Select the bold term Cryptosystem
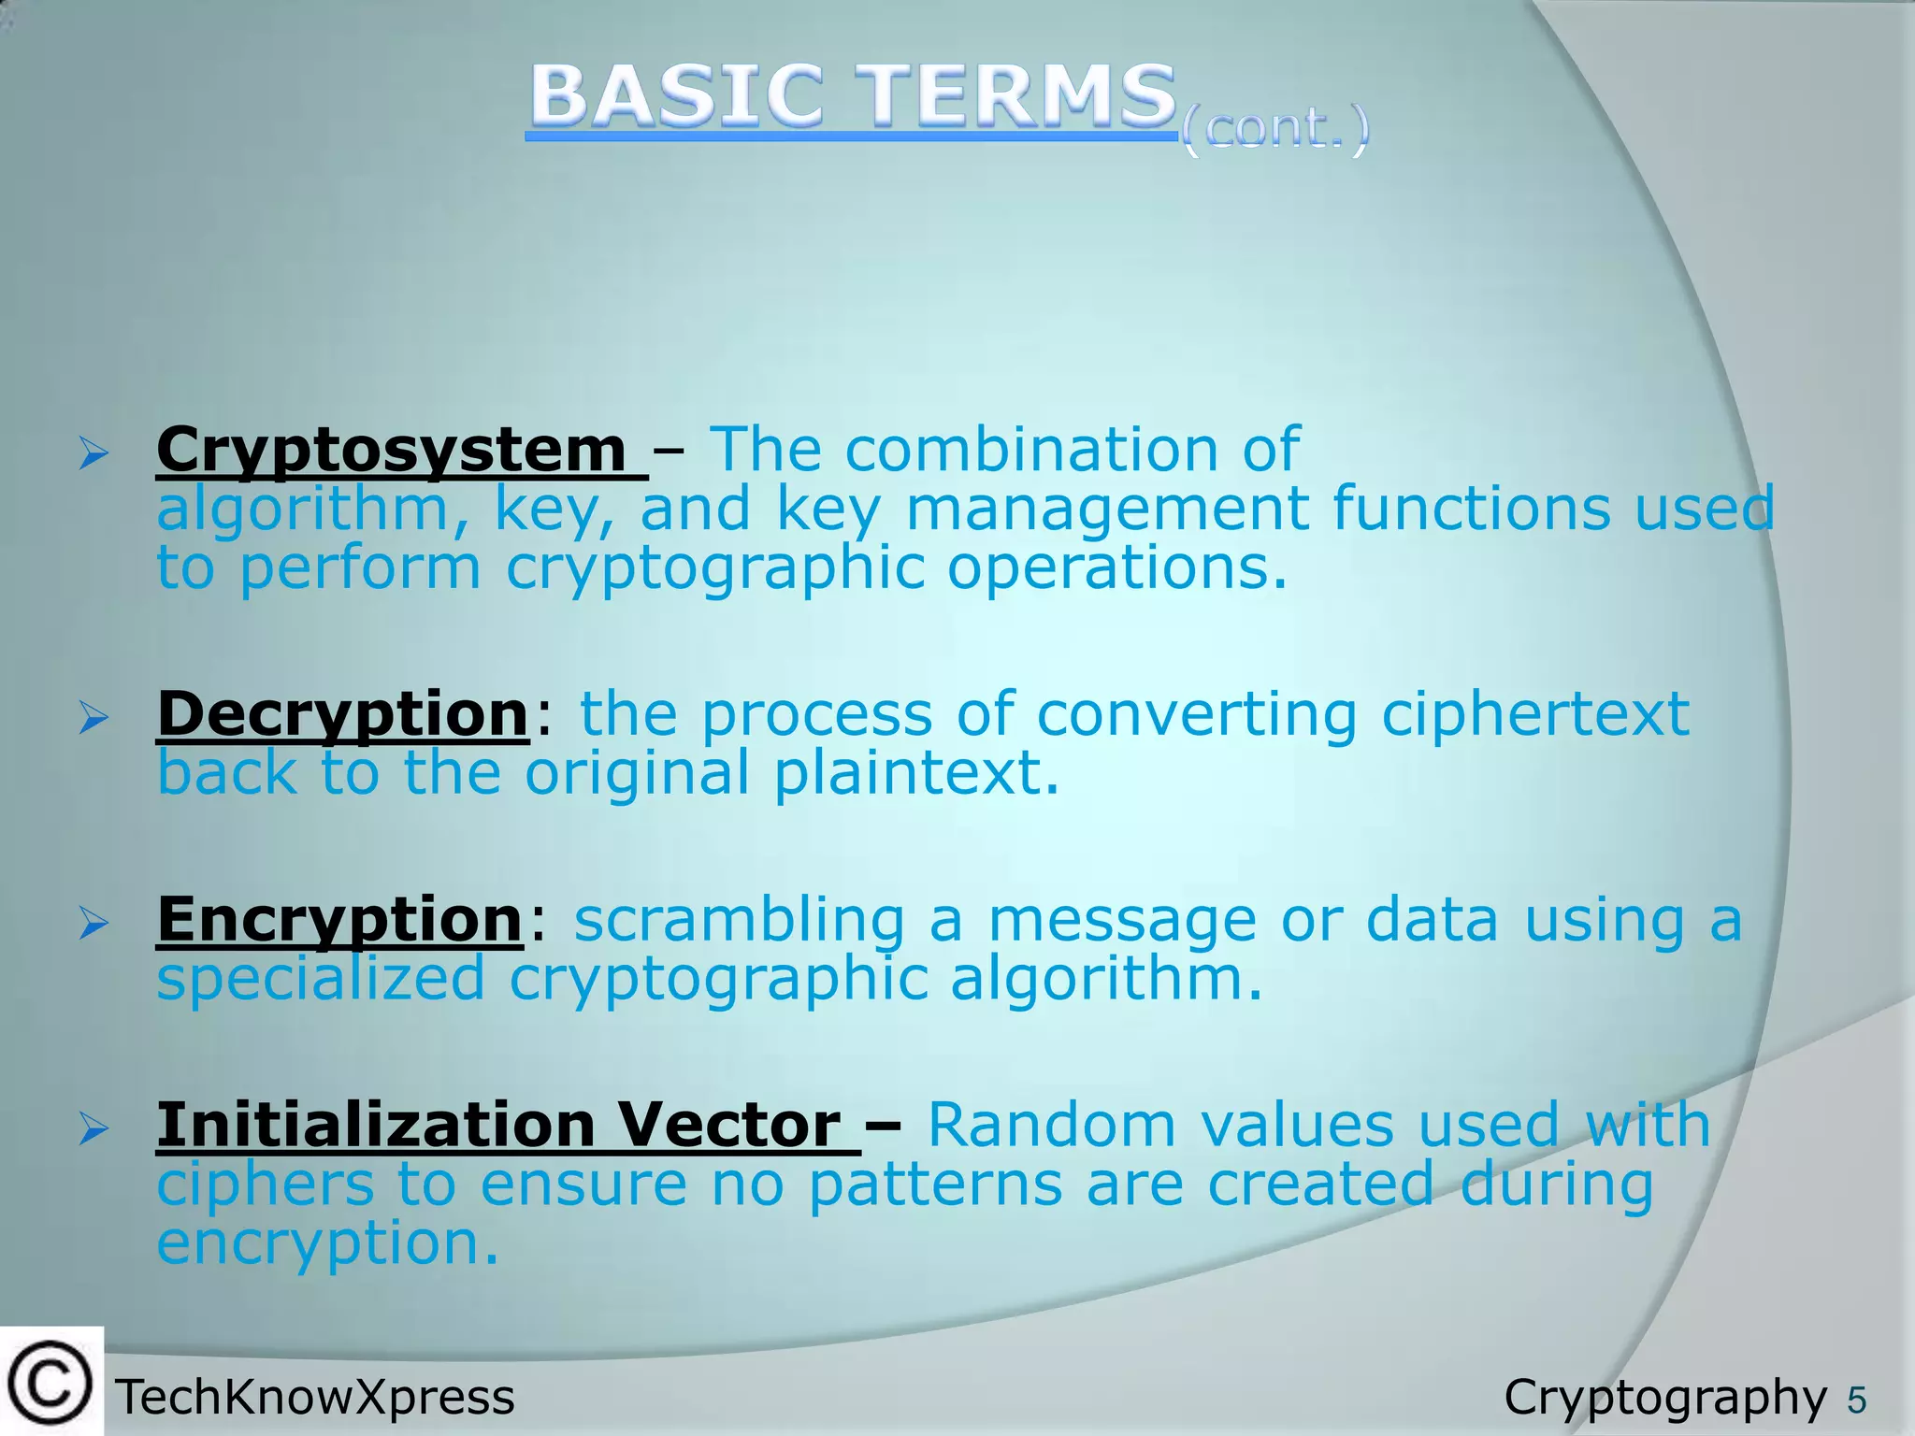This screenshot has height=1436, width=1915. coord(392,450)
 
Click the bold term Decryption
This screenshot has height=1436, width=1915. coord(343,714)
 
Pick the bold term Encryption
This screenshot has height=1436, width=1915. coord(339,919)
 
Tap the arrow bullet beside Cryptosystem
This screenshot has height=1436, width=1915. coord(94,454)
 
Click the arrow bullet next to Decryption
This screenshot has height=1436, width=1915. coord(94,719)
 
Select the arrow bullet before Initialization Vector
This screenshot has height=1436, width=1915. coord(94,1129)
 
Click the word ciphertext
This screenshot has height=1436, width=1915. coord(1534,714)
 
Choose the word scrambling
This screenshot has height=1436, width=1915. coord(739,919)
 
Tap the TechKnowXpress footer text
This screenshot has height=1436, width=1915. coord(315,1398)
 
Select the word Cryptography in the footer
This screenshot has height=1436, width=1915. coord(1664,1398)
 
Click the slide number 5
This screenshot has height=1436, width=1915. coord(1856,1400)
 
